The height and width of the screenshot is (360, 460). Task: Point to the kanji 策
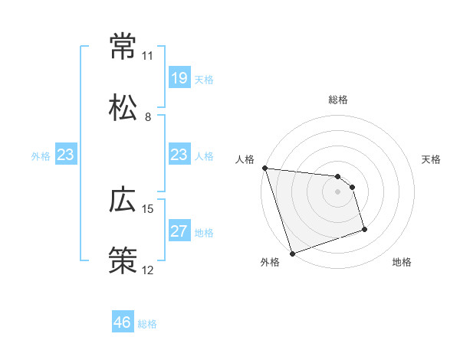(123, 260)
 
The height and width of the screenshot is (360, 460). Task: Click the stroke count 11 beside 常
(148, 56)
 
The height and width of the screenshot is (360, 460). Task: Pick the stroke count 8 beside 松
(148, 116)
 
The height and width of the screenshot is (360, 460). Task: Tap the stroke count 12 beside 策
(148, 270)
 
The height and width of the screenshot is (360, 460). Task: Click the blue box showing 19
(179, 77)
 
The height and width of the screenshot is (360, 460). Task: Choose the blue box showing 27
(179, 231)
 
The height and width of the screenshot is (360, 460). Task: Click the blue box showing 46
(122, 322)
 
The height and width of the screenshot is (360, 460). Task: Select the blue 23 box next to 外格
(65, 155)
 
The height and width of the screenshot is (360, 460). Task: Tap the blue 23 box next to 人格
(179, 155)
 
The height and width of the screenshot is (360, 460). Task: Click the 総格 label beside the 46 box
(147, 324)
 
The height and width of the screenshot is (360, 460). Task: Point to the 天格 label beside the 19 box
(204, 80)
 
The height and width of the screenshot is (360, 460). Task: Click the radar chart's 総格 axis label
(338, 100)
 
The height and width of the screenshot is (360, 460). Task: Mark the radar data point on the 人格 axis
(264, 168)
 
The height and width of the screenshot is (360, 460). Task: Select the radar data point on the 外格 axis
(292, 253)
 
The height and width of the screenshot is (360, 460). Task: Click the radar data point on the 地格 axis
(364, 229)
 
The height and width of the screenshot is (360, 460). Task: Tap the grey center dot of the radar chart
(338, 191)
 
